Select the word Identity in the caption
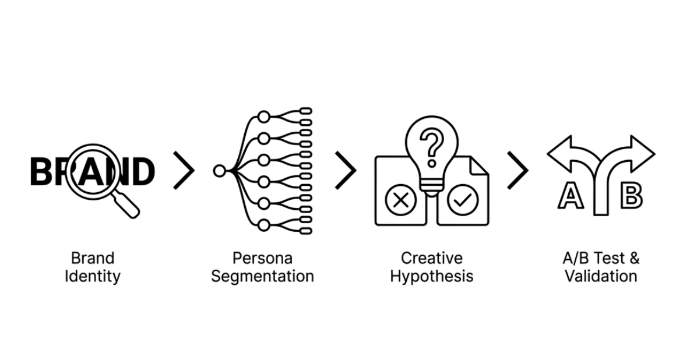[x=92, y=276]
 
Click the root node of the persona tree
[x=219, y=171]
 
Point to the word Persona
[x=262, y=257]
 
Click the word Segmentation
[x=262, y=276]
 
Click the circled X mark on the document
[x=400, y=201]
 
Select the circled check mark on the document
[x=463, y=201]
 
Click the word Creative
[x=432, y=257]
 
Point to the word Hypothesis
[x=432, y=276]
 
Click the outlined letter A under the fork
[x=571, y=196]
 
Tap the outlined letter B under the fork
[x=631, y=196]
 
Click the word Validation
[x=601, y=276]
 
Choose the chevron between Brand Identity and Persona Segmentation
[x=184, y=170]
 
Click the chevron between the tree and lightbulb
[x=346, y=170]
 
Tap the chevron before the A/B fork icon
[x=517, y=170]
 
